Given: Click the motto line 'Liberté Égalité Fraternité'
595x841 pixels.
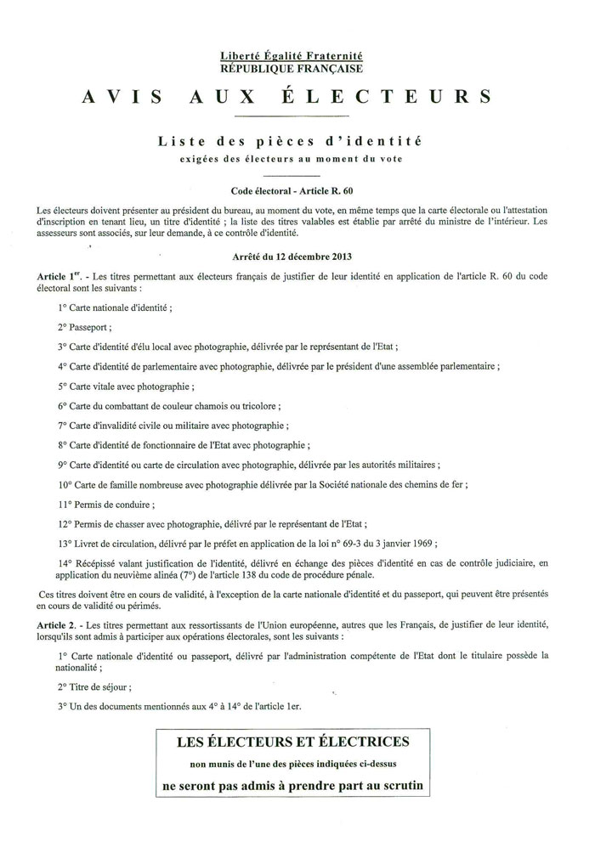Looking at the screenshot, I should (291, 55).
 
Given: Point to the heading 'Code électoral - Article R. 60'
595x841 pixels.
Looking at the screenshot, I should (291, 191).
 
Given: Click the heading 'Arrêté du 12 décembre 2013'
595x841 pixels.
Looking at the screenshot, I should (291, 255).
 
